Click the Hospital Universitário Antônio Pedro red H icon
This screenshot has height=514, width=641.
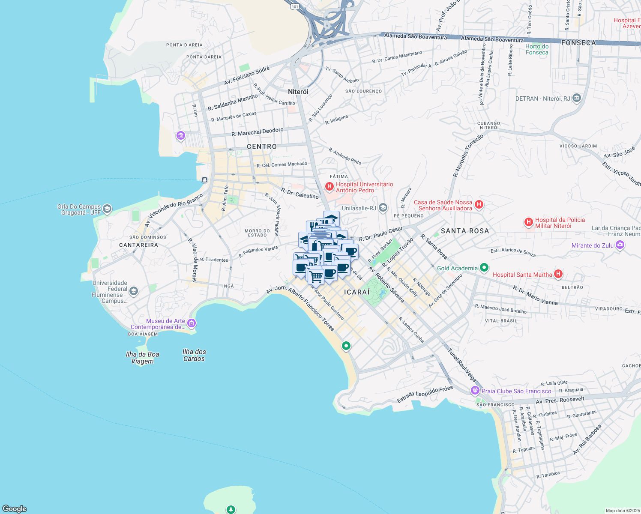tap(329, 186)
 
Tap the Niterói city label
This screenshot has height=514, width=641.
tap(298, 92)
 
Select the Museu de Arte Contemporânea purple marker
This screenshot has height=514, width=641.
tap(192, 323)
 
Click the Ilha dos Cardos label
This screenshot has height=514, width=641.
tap(194, 355)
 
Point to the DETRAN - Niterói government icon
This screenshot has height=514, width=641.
tap(577, 99)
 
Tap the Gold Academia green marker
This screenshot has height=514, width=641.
tap(484, 268)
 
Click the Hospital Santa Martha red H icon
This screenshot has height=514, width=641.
tap(558, 274)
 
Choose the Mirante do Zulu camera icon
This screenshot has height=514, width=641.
tap(620, 245)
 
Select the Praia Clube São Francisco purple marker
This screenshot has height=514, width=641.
tap(475, 391)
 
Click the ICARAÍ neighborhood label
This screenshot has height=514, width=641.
tap(356, 292)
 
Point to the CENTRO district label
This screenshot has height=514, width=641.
tap(262, 146)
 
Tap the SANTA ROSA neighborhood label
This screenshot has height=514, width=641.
tap(465, 231)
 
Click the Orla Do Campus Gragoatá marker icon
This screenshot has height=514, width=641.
tap(107, 209)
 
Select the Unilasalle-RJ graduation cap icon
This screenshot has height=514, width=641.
tap(383, 208)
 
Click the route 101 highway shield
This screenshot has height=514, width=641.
tap(294, 7)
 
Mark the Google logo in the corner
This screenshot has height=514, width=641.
tap(15, 509)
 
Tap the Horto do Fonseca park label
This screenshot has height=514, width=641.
tap(537, 50)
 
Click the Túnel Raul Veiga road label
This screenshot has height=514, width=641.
tap(462, 365)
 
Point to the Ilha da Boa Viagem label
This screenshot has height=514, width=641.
tap(142, 358)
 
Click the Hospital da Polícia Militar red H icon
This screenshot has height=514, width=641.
tap(529, 222)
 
